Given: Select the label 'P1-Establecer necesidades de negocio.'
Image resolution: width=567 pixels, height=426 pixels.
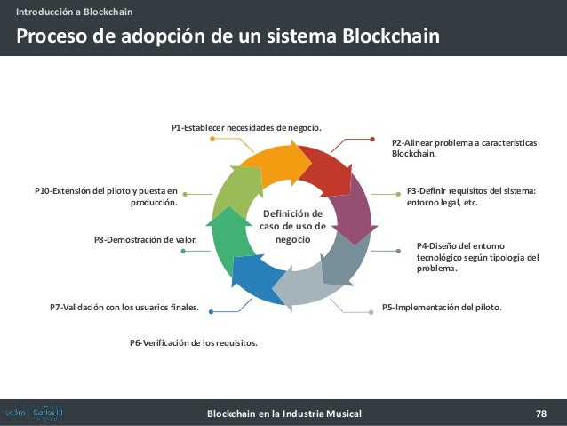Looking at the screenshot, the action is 246,128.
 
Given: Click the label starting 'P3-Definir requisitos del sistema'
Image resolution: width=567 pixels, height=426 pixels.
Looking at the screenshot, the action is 471,197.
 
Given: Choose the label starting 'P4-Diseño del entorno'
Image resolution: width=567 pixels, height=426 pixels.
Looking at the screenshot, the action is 477,257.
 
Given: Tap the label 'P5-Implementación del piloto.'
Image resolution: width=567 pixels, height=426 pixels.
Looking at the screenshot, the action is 442,307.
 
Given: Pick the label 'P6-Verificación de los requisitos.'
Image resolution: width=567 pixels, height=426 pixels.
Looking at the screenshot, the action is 194,342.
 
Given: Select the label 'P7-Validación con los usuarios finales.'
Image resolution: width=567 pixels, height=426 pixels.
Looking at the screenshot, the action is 124,308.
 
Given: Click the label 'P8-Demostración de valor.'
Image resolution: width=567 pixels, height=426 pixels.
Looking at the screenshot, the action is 145,239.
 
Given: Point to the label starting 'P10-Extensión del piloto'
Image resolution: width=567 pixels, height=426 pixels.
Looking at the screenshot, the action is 106,196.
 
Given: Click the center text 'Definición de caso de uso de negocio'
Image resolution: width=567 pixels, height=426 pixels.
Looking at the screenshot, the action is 292,227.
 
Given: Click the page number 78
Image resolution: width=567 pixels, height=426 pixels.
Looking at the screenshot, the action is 540,413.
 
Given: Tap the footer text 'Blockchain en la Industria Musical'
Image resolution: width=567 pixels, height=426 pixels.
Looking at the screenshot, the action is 283,414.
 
